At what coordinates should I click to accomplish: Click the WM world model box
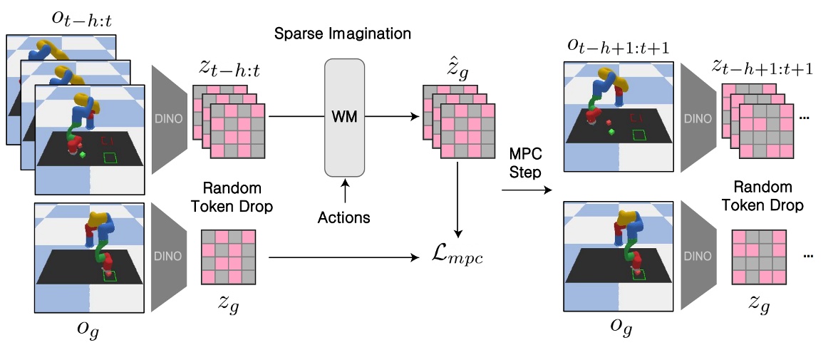[344, 117]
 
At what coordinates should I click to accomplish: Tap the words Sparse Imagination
[344, 34]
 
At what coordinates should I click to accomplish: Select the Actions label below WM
[344, 217]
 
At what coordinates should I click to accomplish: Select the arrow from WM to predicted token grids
[392, 117]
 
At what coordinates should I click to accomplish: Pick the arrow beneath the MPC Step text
[527, 190]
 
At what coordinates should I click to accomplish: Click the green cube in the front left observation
[83, 153]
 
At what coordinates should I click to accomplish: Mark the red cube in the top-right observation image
[610, 131]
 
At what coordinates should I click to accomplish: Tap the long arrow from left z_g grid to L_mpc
[342, 257]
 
